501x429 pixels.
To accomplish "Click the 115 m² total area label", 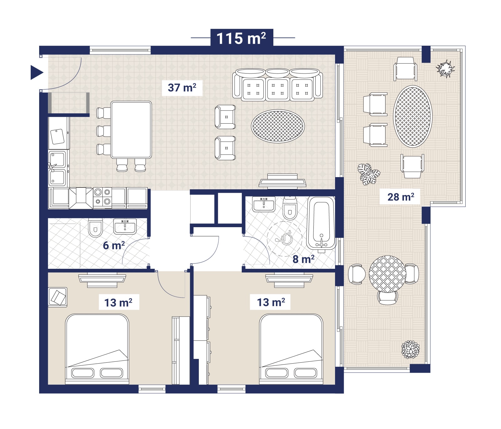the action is pos(241,38).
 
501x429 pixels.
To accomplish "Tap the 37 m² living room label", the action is pos(182,87).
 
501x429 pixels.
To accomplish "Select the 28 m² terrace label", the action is pos(401,197).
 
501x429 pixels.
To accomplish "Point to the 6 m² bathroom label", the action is pos(114,245).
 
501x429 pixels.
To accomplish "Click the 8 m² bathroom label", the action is pos(303,259).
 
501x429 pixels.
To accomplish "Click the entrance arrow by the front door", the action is pos(37,73).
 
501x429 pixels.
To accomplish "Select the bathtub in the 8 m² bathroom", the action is pos(321,223).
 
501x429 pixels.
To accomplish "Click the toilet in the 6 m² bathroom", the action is pos(96,228).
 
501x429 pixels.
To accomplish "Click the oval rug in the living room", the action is pos(278,126).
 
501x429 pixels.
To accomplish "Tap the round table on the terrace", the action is pos(387,274).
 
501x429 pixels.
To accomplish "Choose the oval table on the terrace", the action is pos(412,116).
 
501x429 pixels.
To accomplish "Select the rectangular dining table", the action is pos(131,130).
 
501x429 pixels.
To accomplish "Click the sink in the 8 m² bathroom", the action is pos(264,204).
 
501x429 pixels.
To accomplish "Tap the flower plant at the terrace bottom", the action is pos(410,350).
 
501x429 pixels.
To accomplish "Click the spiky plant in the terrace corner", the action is pos(445,69).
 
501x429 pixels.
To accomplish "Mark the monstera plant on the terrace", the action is pos(369,174).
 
